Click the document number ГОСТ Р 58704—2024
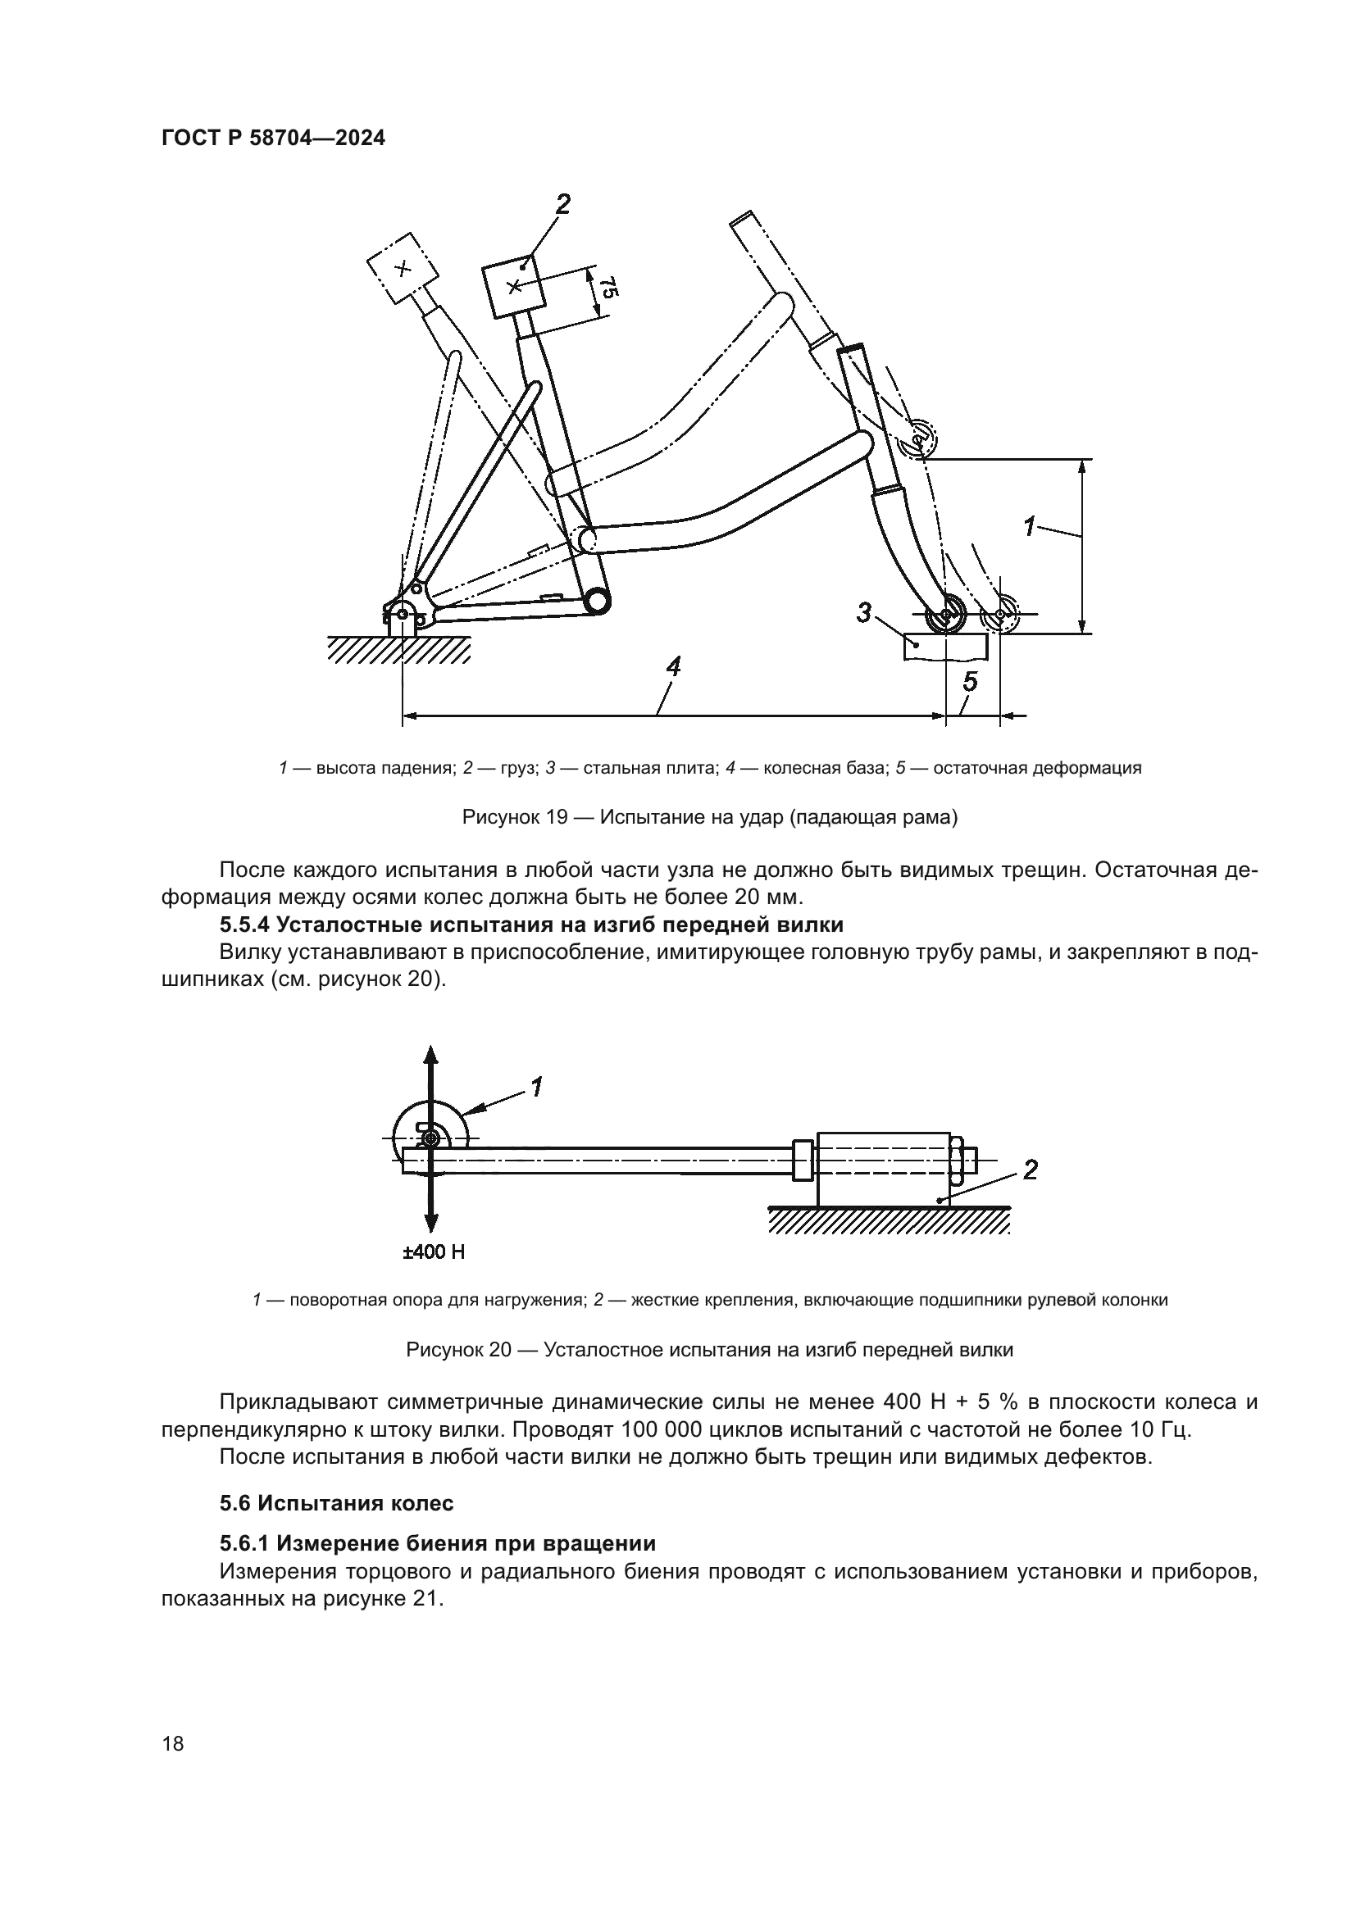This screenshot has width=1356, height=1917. (273, 139)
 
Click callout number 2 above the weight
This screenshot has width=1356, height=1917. (562, 204)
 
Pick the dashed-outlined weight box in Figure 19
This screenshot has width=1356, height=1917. (403, 268)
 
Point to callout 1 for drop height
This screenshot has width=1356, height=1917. (1031, 527)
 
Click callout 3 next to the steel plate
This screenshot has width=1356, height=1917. (864, 614)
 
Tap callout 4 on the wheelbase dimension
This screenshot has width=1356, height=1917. (673, 667)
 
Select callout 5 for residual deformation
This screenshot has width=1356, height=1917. (969, 682)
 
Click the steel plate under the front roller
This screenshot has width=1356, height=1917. (944, 646)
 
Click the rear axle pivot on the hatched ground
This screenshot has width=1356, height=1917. (402, 615)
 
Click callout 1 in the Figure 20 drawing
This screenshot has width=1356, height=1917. (536, 1086)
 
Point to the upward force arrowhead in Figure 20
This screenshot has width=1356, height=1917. (431, 1054)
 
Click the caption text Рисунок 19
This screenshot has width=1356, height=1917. (515, 817)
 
